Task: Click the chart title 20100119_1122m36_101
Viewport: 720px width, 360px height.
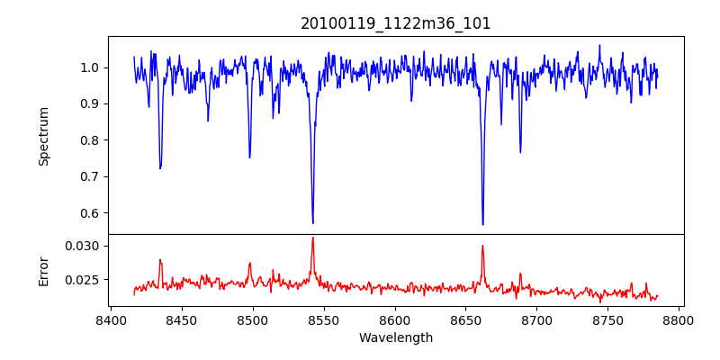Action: click(x=396, y=23)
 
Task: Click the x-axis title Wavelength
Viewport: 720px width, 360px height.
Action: click(x=396, y=337)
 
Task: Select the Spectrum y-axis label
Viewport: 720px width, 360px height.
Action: click(x=43, y=136)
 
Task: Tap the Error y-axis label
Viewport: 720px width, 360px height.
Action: click(x=43, y=270)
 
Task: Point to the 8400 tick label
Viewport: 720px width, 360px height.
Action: click(x=110, y=319)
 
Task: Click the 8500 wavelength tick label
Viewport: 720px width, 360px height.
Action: click(x=252, y=319)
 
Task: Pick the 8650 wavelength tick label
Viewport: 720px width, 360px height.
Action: click(x=466, y=319)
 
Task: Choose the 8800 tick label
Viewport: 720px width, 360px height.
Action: click(x=679, y=319)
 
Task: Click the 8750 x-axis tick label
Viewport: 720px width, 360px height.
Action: click(x=608, y=319)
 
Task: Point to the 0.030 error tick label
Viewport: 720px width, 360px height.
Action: click(x=85, y=246)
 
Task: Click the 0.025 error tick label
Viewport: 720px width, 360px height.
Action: click(x=85, y=280)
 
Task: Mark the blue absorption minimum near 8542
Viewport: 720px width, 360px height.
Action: click(x=312, y=223)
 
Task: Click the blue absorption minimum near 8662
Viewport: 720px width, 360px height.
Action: click(x=482, y=224)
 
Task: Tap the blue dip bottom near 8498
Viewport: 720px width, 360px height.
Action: click(x=249, y=157)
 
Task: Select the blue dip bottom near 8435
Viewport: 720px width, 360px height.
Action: click(x=160, y=168)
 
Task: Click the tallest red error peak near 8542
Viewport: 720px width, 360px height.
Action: click(x=312, y=238)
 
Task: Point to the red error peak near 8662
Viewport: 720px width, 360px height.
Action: click(x=482, y=245)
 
